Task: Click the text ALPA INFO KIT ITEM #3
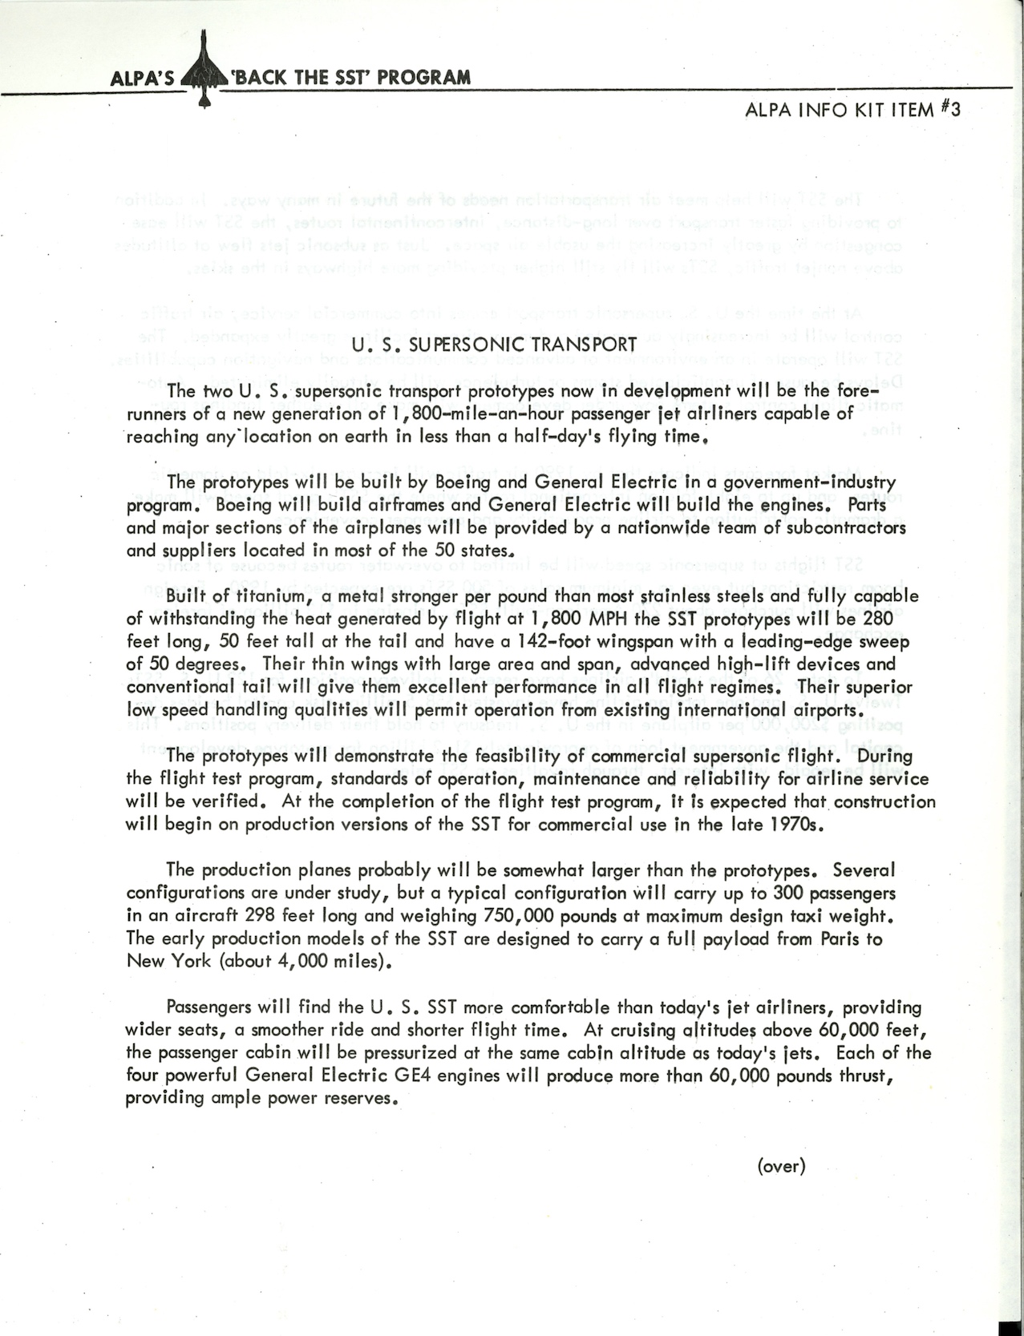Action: [852, 110]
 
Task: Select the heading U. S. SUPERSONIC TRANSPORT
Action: [495, 345]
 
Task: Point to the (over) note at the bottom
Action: [780, 1165]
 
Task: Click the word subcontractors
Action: [831, 528]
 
